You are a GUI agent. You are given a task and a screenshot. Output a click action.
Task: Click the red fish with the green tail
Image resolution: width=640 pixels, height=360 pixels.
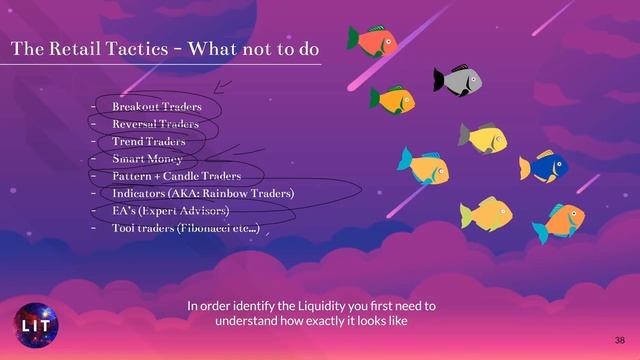click(373, 41)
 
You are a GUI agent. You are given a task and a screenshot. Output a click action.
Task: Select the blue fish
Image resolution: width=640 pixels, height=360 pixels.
click(543, 166)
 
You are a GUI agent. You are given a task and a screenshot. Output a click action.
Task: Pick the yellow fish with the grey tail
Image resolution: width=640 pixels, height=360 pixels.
click(483, 137)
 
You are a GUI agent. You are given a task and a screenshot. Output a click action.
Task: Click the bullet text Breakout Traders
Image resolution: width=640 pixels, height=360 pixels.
click(157, 106)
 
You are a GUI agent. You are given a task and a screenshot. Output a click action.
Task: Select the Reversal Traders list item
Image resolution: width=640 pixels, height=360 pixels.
click(155, 124)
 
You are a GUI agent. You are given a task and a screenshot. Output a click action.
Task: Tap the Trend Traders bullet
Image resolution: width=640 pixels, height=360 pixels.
click(148, 141)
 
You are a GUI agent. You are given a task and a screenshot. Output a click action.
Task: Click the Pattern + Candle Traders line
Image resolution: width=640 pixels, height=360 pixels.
click(176, 175)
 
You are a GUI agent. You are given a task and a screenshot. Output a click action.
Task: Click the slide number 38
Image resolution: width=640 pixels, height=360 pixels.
click(619, 340)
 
